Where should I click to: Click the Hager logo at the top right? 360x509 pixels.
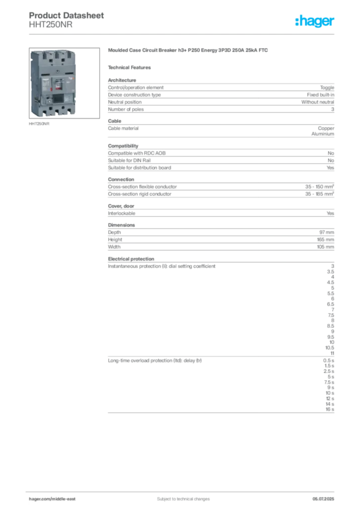[314, 21]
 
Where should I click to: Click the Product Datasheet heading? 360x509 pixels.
[66, 15]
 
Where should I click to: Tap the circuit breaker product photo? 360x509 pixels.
[64, 83]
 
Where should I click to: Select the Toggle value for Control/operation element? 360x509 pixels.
[327, 87]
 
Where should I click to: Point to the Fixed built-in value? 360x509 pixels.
[320, 95]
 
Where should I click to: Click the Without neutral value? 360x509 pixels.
[317, 102]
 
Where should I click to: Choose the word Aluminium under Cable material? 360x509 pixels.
[323, 134]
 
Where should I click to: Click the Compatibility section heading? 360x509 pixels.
[123, 146]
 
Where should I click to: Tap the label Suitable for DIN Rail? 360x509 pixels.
[129, 161]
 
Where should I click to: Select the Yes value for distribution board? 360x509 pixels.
[331, 168]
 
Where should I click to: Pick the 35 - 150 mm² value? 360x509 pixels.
[319, 187]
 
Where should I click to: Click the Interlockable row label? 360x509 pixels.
[122, 213]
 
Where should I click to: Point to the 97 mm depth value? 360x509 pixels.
[327, 232]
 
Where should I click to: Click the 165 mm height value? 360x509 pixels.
[326, 240]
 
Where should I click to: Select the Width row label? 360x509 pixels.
[114, 247]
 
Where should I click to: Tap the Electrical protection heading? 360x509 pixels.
[131, 258]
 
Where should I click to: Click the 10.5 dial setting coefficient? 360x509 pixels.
[330, 347]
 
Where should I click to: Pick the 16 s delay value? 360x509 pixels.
[330, 410]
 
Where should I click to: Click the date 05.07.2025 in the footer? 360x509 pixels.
[323, 499]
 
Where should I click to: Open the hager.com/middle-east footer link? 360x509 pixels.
[52, 499]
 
